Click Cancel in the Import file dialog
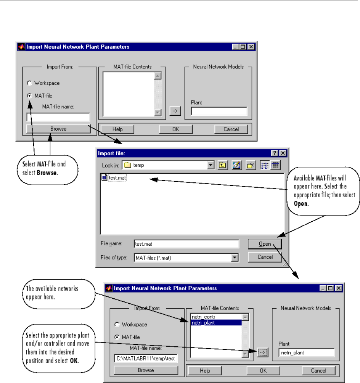click(x=265, y=257)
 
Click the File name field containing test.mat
click(x=186, y=244)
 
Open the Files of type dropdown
click(x=234, y=257)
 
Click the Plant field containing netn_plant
click(x=306, y=353)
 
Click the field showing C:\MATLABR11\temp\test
click(x=146, y=358)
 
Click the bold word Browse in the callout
click(x=47, y=173)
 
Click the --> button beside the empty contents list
click(x=175, y=111)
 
